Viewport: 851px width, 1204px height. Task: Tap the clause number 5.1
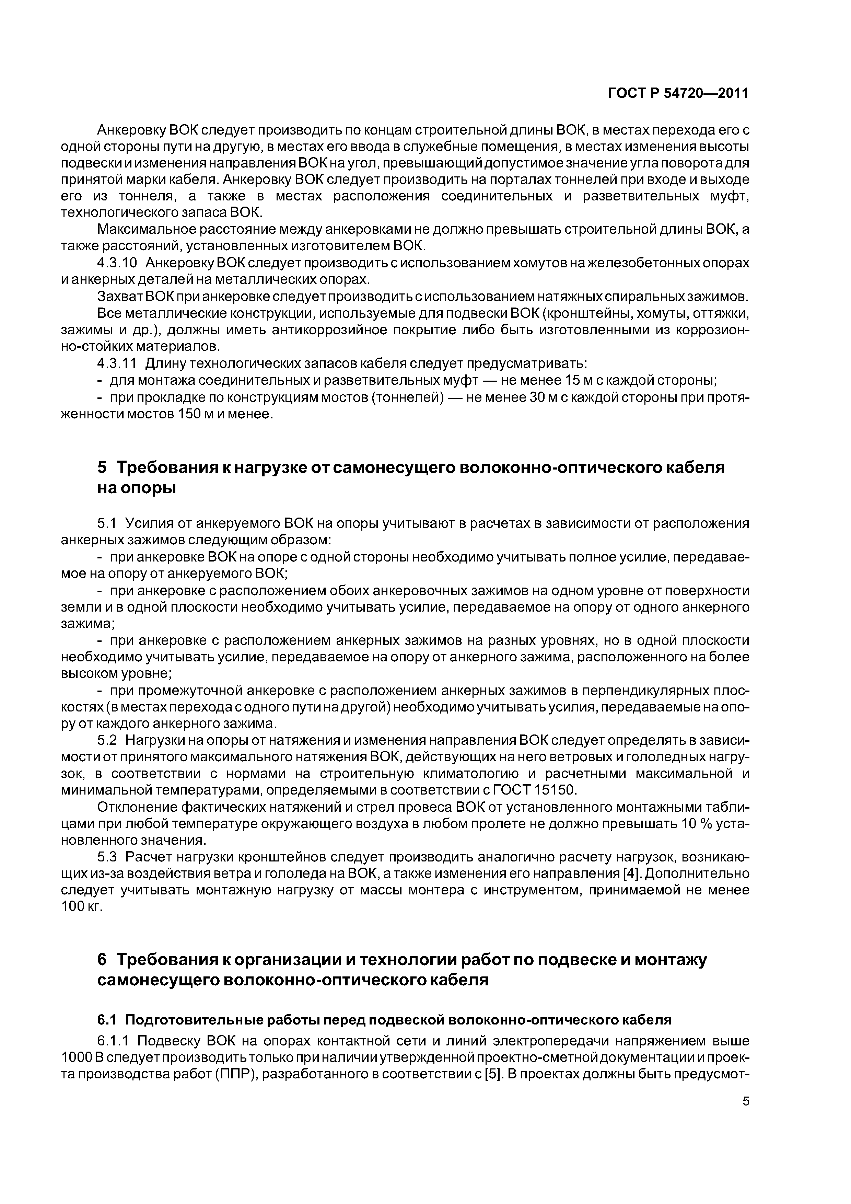pyautogui.click(x=109, y=523)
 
